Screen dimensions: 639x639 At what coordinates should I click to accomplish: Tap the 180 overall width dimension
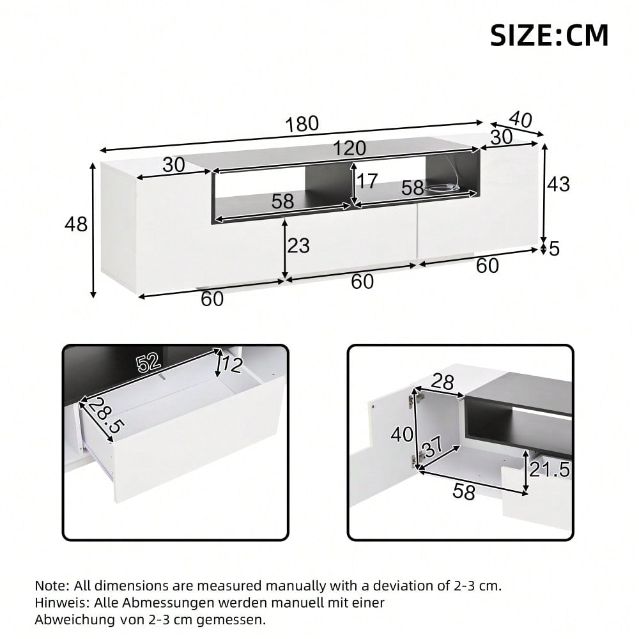click(x=302, y=123)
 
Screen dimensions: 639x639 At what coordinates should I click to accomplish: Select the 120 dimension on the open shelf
click(x=349, y=148)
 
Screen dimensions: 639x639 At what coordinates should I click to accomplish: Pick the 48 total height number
click(x=76, y=224)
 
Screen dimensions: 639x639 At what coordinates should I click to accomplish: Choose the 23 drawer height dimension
click(x=298, y=245)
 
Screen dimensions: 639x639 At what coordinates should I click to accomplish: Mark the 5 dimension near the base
click(x=553, y=248)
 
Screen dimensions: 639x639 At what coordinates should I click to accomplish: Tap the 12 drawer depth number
click(x=233, y=365)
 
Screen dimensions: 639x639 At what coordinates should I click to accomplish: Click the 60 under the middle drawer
click(x=362, y=281)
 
